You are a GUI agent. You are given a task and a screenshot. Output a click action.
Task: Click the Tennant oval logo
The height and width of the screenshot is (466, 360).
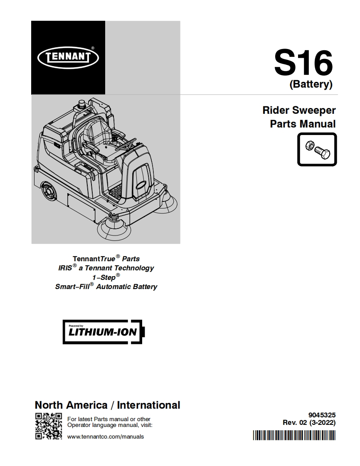68,58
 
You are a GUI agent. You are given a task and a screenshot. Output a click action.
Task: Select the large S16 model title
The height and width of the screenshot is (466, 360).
303,63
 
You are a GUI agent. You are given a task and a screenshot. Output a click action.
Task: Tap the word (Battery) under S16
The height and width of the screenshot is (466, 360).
311,84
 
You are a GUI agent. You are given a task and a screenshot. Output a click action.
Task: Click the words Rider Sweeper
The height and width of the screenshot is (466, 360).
299,110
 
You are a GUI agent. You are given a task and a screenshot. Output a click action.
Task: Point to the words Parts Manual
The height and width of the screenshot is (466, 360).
303,124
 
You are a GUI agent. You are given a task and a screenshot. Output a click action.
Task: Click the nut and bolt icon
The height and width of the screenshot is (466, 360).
317,149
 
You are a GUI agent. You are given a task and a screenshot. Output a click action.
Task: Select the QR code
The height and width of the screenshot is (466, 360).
48,426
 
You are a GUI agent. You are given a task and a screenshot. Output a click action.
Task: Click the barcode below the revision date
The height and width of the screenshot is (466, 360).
294,435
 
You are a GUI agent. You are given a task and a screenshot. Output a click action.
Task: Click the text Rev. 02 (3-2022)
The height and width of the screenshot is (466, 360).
309,423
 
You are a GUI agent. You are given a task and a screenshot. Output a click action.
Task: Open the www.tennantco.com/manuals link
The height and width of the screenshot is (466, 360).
105,437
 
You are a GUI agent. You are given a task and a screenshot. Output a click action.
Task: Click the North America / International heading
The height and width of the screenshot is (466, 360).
107,405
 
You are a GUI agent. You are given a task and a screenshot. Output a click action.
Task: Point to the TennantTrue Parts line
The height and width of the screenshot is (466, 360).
106,258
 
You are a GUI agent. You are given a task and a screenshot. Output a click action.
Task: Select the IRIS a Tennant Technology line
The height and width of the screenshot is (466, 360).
106,268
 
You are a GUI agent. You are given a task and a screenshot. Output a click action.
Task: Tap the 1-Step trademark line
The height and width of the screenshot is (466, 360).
106,277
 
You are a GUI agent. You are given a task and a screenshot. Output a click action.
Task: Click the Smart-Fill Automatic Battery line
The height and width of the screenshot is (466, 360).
106,287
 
